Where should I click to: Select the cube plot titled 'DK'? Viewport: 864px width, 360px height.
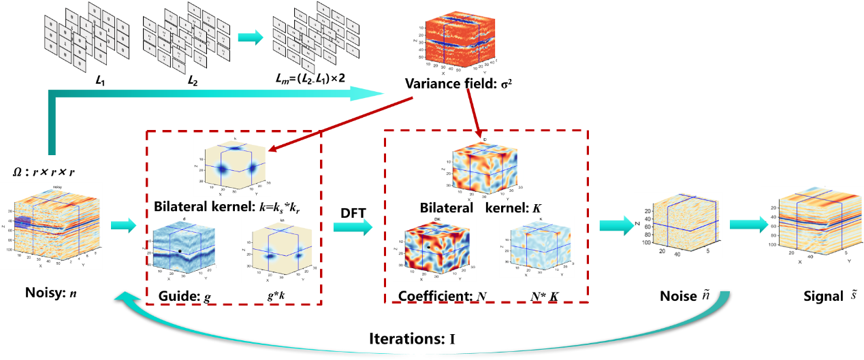click(434, 248)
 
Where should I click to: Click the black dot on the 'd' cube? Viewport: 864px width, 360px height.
click(180, 251)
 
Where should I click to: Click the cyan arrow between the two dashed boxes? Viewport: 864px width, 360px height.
click(353, 227)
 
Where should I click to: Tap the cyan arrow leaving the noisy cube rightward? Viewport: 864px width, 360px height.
click(123, 225)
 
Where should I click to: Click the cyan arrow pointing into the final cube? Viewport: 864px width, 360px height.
click(744, 225)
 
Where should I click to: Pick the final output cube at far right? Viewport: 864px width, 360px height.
click(811, 225)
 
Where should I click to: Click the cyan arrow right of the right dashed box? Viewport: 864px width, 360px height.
click(615, 225)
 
